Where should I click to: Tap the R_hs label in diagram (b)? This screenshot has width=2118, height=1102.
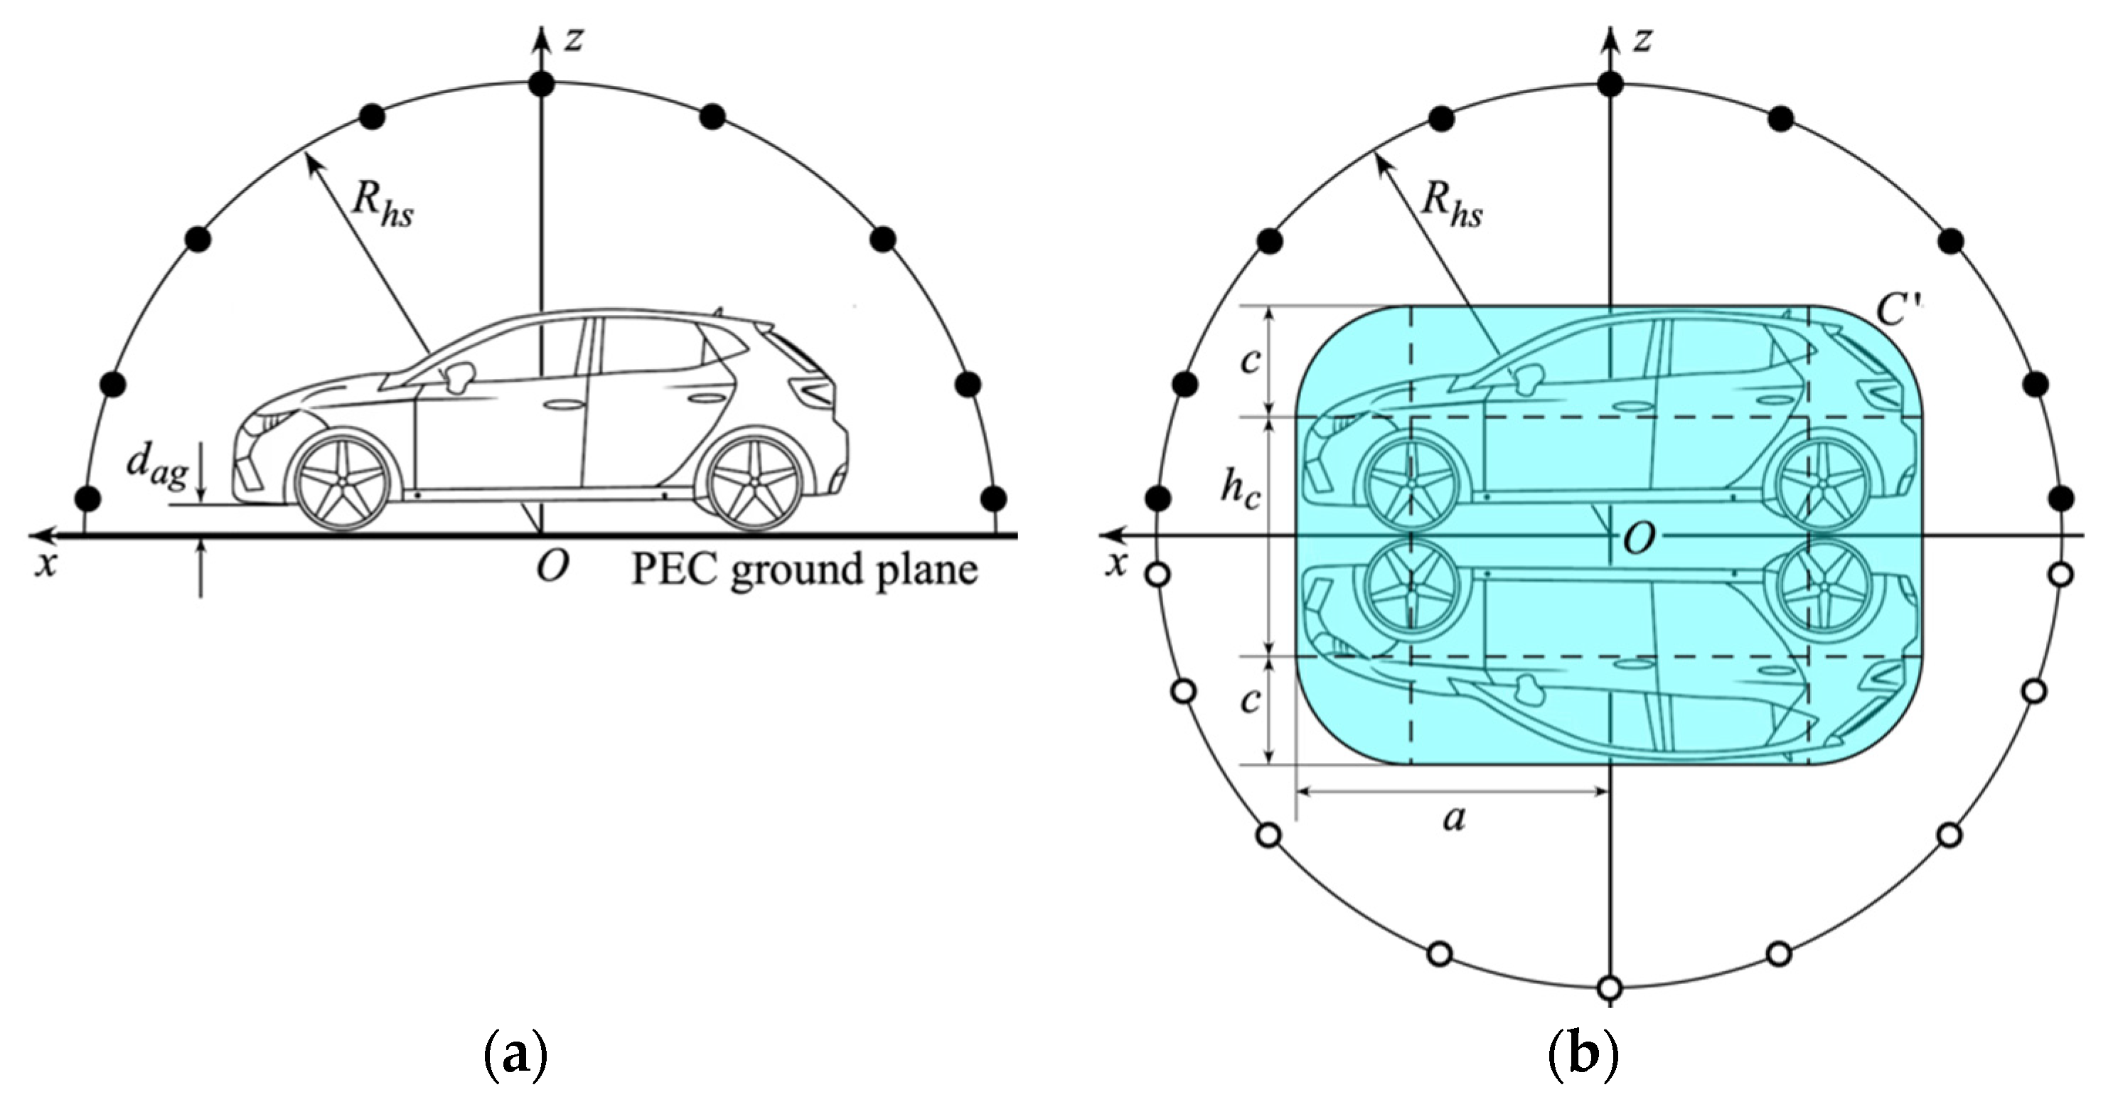coord(1452,203)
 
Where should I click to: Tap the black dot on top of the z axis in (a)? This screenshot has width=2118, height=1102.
coord(542,83)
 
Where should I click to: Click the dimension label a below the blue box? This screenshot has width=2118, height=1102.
coord(1454,818)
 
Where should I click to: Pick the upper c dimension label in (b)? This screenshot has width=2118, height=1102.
coord(1251,361)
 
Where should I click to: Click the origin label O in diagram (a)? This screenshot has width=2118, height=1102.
coord(551,567)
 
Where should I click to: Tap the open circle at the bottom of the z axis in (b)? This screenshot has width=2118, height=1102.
coord(1610,986)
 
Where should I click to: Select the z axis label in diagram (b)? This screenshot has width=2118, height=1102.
coord(1641,38)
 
